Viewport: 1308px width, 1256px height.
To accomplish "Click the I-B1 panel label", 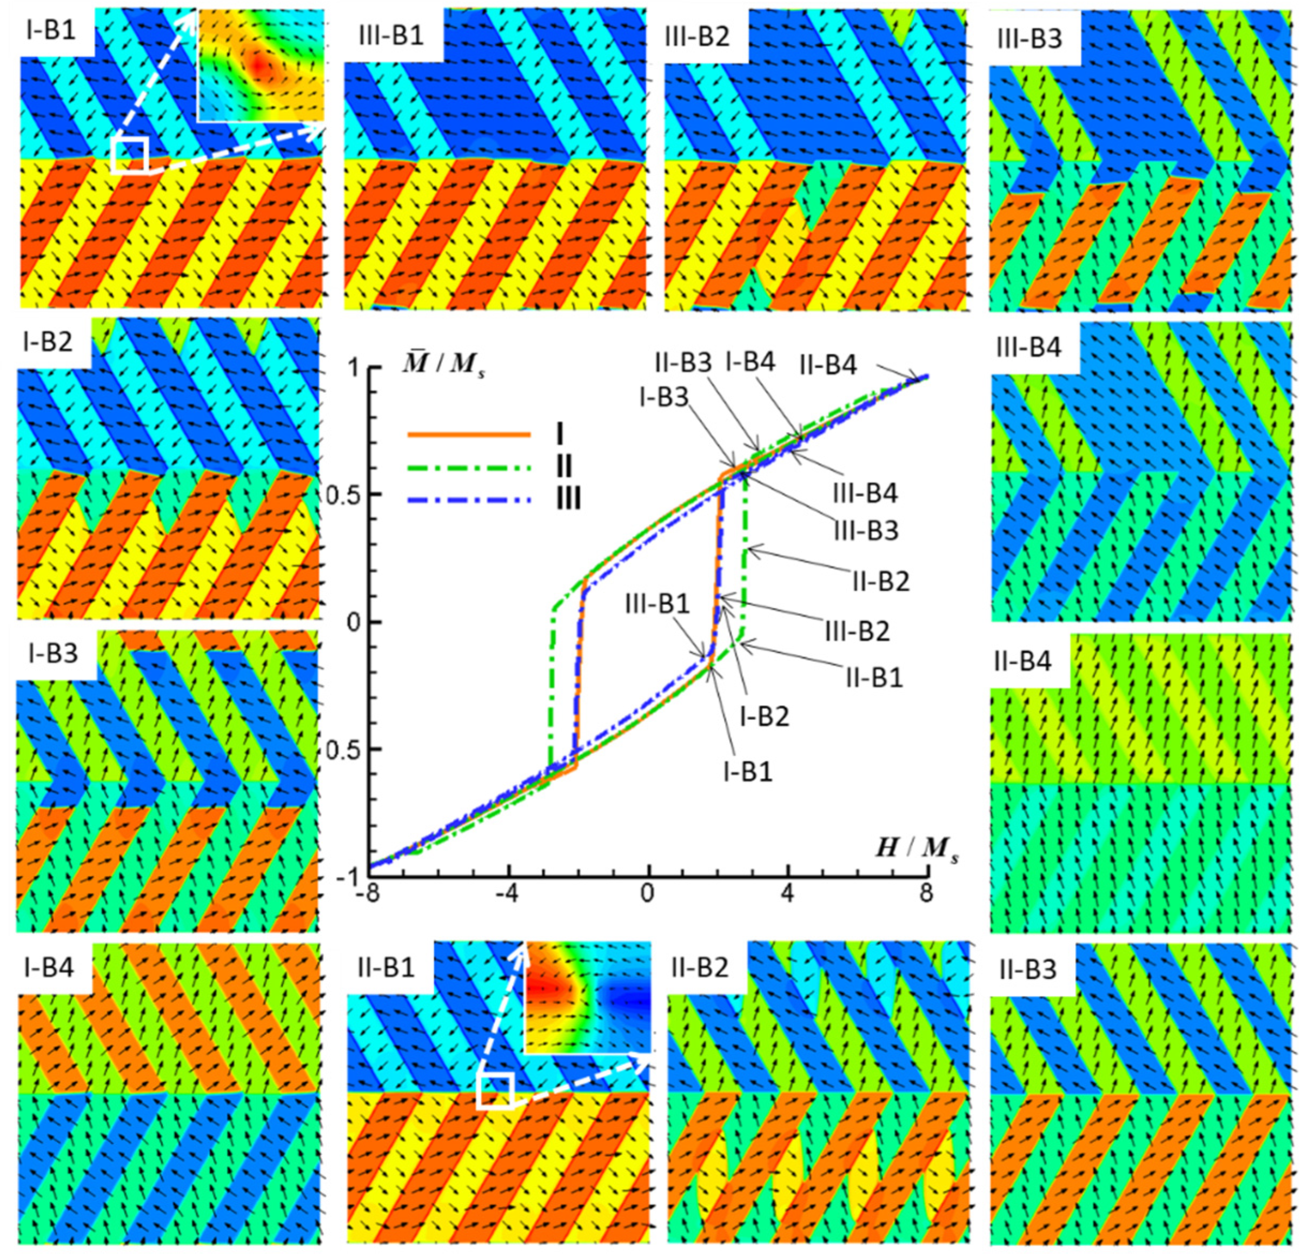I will pyautogui.click(x=51, y=31).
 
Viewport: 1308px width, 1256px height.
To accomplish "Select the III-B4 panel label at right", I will pyautogui.click(x=1028, y=347).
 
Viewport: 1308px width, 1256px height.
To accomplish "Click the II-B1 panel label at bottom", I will pyautogui.click(x=385, y=968).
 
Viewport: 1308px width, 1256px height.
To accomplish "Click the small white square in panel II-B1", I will pyautogui.click(x=495, y=1091).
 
